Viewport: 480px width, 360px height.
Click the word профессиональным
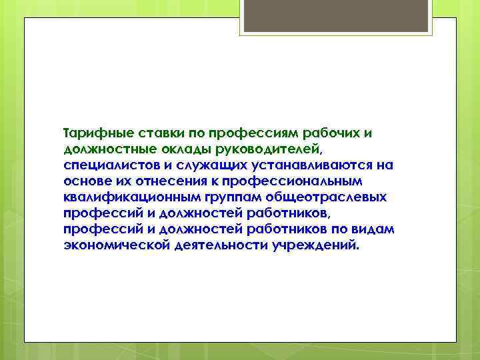click(293, 181)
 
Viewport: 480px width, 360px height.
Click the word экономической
click(112, 245)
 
